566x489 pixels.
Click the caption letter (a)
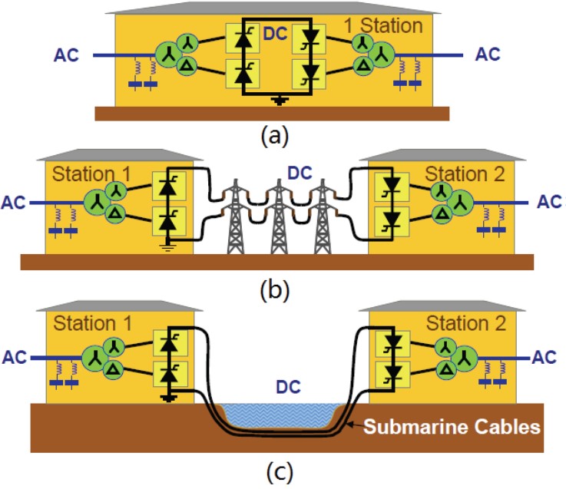pyautogui.click(x=275, y=137)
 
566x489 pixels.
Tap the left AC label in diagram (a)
pyautogui.click(x=67, y=55)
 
